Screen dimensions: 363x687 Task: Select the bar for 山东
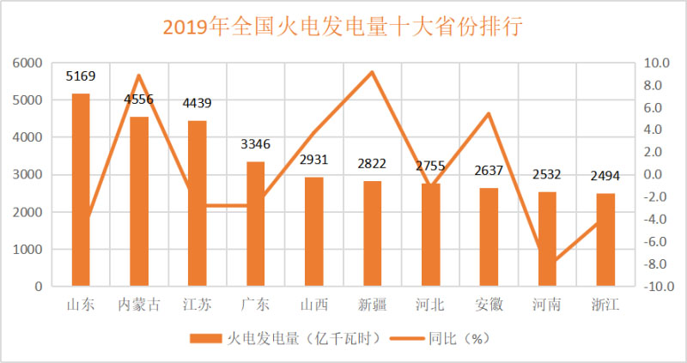(81, 189)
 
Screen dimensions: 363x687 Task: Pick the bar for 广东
(256, 223)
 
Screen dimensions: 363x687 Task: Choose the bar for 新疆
(372, 233)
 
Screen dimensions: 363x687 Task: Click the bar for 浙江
(605, 239)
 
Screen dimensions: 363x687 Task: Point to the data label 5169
(81, 76)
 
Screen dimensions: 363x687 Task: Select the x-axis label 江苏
(198, 304)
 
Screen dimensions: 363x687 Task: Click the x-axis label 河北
(430, 304)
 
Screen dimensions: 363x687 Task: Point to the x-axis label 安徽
(489, 304)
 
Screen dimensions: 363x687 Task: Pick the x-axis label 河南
(547, 304)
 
